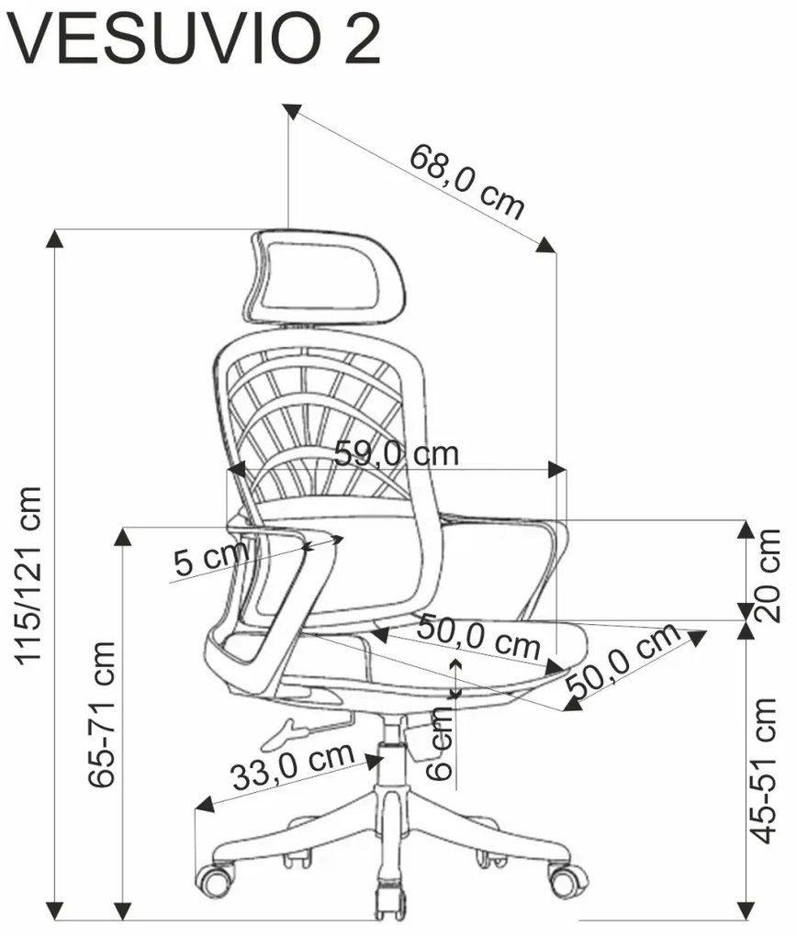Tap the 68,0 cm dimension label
(x=466, y=181)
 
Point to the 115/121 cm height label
(x=28, y=574)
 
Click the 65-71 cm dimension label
(x=101, y=715)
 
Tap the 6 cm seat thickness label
(x=440, y=744)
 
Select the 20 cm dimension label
(x=768, y=574)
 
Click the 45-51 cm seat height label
(x=764, y=770)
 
